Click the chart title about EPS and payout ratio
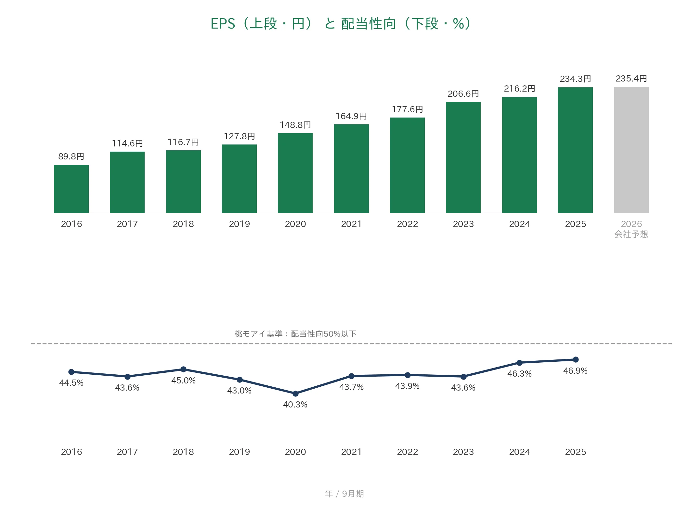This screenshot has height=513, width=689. click(341, 24)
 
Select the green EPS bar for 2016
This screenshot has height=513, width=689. click(71, 189)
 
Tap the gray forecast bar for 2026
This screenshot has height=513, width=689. click(631, 150)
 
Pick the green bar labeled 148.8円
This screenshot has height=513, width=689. click(295, 173)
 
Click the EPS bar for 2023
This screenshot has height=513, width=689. click(463, 157)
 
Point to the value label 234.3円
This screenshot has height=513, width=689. click(575, 79)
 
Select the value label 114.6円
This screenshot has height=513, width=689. click(127, 144)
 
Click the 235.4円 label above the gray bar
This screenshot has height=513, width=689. click(631, 79)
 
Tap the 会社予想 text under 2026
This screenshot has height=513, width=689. click(631, 234)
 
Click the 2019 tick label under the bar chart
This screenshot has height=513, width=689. click(239, 224)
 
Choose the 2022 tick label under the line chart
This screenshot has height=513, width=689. click(407, 452)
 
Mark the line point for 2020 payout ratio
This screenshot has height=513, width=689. click(295, 394)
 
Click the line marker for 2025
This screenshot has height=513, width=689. click(576, 359)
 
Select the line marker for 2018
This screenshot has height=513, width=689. click(183, 369)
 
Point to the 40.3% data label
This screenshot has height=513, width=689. click(295, 405)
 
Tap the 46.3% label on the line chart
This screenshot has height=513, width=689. click(519, 374)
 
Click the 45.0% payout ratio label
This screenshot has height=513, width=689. click(183, 381)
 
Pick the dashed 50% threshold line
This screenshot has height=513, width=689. click(351, 344)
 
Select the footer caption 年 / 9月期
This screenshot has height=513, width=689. click(344, 494)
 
